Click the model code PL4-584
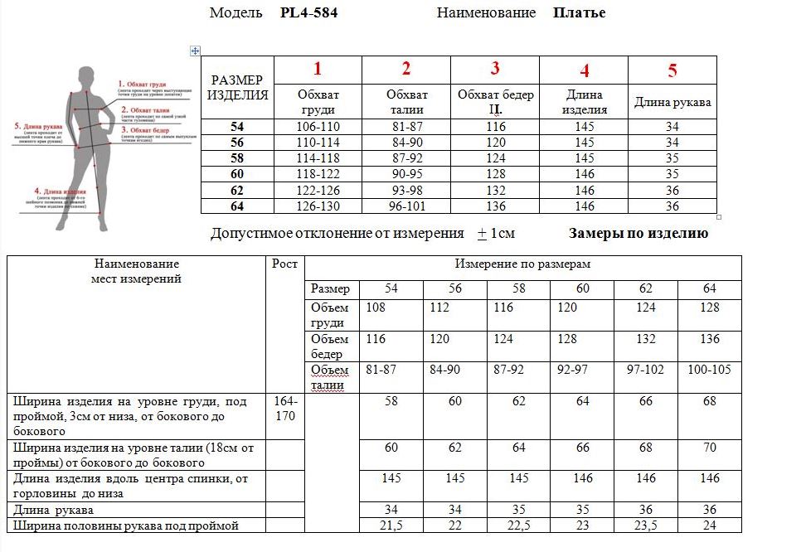pos(309,13)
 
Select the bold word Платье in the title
pos(579,13)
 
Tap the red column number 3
pos(495,69)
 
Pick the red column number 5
pos(672,70)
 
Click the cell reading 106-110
pos(318,127)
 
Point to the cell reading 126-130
pos(318,206)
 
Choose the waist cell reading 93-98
pos(406,191)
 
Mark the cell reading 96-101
pos(406,206)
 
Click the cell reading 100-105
pos(709,369)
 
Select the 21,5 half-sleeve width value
pos(391,525)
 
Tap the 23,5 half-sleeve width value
pos(646,525)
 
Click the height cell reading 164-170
pos(285,409)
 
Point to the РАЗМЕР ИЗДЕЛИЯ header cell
pos(237,87)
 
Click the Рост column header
pos(284,264)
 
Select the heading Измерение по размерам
pos(522,264)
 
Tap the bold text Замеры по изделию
pos(638,234)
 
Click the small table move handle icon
pos(195,51)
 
